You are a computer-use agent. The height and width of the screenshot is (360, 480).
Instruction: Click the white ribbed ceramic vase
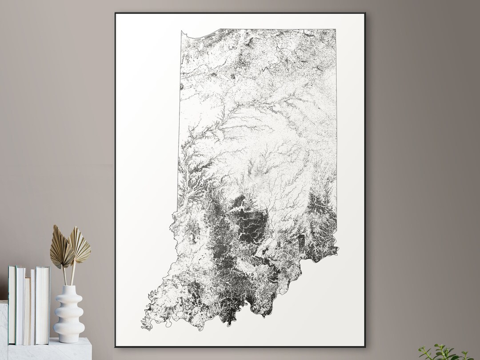[x=69, y=313]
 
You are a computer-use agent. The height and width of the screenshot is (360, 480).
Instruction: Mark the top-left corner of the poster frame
[x=116, y=13]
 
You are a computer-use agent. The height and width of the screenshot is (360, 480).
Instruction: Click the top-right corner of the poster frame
[x=364, y=13]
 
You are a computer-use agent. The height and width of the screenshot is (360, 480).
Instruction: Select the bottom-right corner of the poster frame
[x=365, y=346]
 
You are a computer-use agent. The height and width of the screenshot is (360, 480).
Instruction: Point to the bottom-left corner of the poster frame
[x=116, y=346]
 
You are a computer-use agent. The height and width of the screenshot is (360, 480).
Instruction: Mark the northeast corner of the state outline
[x=335, y=30]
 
